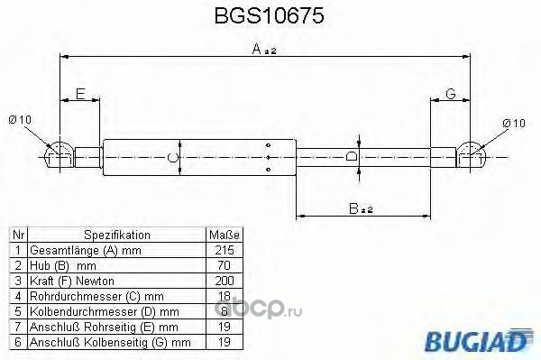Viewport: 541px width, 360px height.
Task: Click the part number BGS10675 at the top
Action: pyautogui.click(x=269, y=15)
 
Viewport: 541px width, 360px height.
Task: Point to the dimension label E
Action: pyautogui.click(x=80, y=94)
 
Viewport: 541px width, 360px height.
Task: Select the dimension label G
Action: pyautogui.click(x=450, y=94)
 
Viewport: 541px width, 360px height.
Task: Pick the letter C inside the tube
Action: pyautogui.click(x=172, y=158)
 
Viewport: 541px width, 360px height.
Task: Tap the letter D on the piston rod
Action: pyautogui.click(x=351, y=157)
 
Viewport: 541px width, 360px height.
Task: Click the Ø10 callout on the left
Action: pyautogui.click(x=20, y=120)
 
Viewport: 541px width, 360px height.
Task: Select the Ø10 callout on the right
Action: pyautogui.click(x=514, y=124)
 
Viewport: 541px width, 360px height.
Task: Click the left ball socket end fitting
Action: pyautogui.click(x=60, y=156)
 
